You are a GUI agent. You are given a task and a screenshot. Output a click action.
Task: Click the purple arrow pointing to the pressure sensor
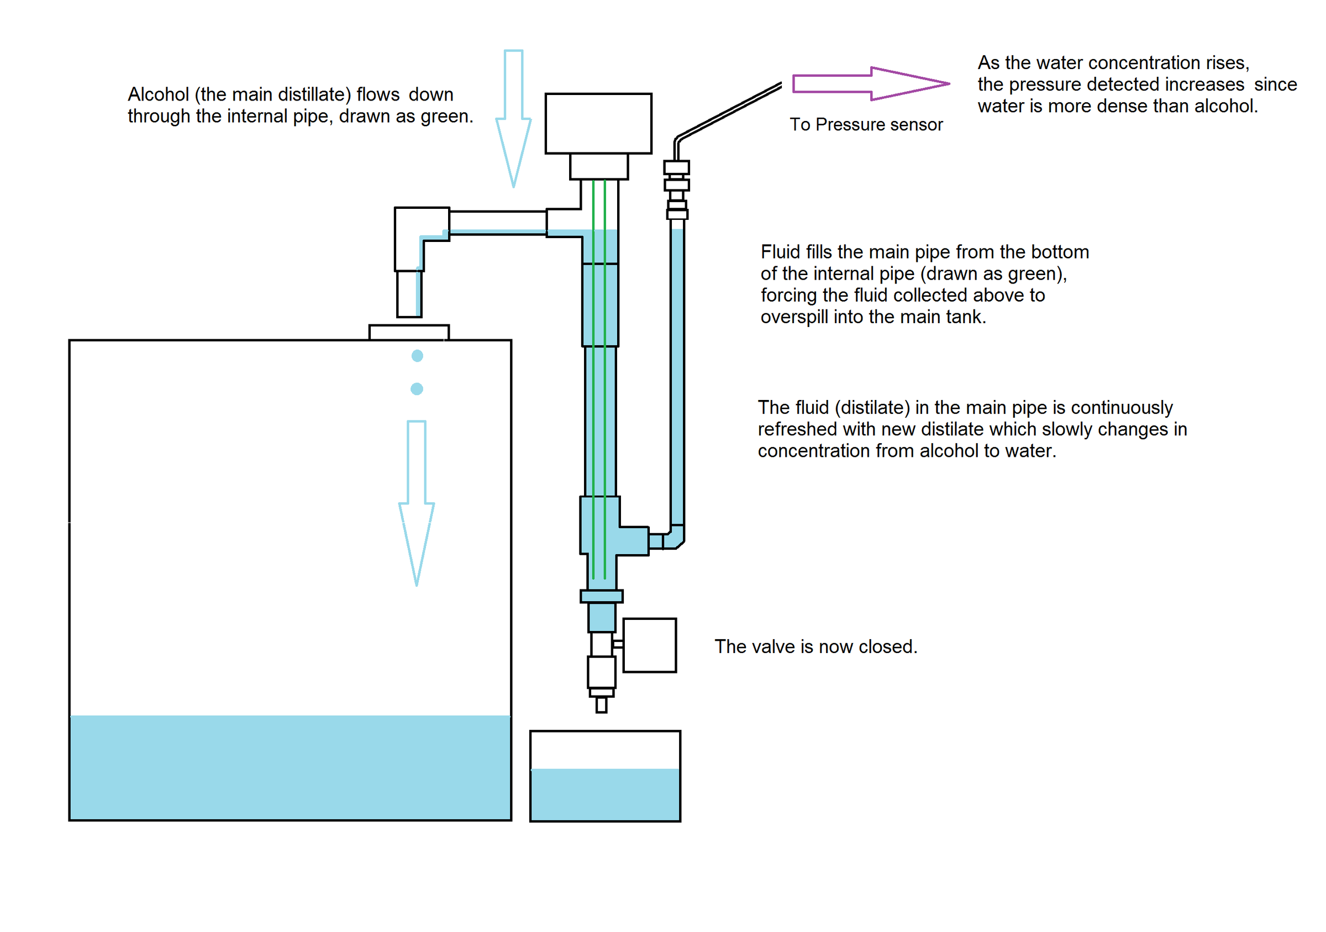866,84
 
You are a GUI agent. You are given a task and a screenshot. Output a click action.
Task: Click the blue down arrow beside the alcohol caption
513,115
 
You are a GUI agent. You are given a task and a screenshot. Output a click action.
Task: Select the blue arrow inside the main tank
417,497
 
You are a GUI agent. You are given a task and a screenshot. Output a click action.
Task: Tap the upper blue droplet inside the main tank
417,356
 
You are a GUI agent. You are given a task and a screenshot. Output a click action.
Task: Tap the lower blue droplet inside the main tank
417,388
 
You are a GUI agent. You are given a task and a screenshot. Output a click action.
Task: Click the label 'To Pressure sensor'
866,125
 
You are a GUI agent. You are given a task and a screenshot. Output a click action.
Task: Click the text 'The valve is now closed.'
815,646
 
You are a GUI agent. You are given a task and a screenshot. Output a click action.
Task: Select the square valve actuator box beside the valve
649,645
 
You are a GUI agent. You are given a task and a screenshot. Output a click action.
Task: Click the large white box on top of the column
598,123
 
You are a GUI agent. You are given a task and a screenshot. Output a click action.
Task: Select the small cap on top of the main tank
409,332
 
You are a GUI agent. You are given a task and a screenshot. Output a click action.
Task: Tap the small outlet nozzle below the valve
601,704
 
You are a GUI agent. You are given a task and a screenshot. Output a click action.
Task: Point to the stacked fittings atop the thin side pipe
677,191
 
